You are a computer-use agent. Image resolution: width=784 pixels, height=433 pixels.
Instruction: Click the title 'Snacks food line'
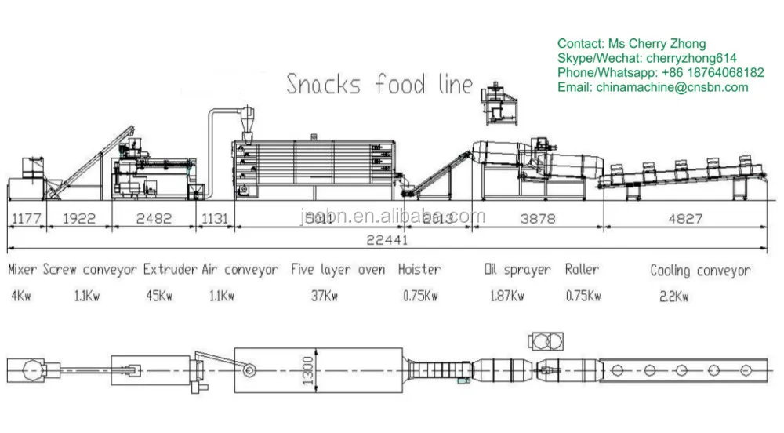(379, 83)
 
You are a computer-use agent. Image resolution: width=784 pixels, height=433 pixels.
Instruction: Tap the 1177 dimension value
(26, 219)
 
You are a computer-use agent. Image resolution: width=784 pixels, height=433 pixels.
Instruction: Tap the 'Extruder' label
(170, 270)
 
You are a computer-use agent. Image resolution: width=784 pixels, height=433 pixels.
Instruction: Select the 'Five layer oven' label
(338, 270)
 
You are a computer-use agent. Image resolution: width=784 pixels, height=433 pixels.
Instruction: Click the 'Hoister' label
(419, 270)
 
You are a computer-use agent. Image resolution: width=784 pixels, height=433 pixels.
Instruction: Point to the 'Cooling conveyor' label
(699, 271)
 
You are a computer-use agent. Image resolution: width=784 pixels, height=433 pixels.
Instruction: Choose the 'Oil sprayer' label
(517, 270)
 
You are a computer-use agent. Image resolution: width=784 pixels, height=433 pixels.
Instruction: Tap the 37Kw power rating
(325, 297)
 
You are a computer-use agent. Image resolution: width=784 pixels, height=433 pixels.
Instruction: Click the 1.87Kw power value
(503, 297)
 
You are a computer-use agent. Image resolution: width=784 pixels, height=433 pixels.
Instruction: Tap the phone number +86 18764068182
(713, 72)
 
